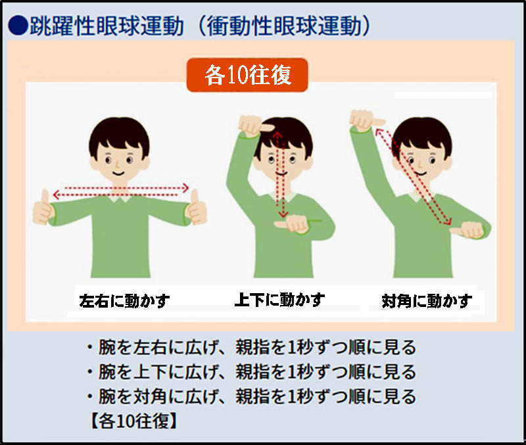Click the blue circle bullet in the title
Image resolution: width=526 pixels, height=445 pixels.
pos(18,26)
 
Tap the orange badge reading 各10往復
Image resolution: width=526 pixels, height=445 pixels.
pos(247,75)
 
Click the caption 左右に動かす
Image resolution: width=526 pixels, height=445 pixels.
pos(124,301)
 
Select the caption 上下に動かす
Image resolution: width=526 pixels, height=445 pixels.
pos(279,300)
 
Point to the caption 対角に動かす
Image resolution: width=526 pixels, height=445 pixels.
pos(427,301)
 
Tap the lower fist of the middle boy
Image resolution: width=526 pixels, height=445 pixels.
pos(291,224)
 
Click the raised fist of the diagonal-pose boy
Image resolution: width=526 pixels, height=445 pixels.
pos(365,121)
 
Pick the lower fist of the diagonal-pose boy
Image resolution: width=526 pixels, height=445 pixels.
pos(468,229)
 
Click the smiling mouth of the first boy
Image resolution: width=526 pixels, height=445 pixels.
pos(118,174)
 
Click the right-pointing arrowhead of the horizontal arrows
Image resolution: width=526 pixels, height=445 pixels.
pos(185,188)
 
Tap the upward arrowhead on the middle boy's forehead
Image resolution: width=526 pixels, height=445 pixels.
pos(277,135)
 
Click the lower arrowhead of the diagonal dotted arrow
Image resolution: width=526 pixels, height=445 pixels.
pos(448,221)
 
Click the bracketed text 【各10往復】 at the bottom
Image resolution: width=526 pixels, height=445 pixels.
pos(133,421)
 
